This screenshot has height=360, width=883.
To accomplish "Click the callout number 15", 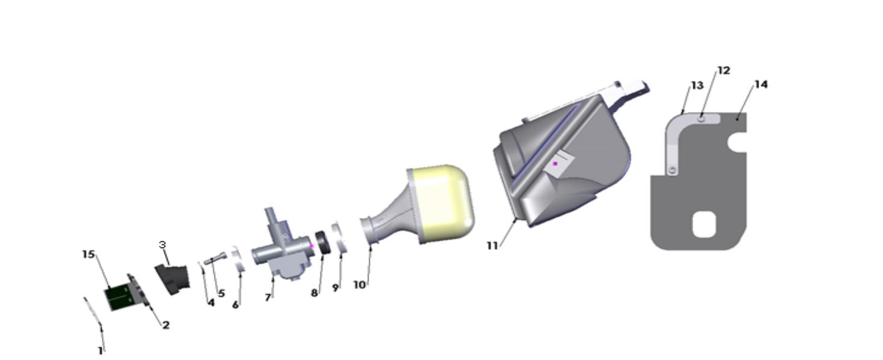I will pos(89,254).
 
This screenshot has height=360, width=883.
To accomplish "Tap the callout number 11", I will pos(492,246).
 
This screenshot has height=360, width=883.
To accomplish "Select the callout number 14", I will pos(761,84).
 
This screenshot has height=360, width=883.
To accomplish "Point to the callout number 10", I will pos(359,285).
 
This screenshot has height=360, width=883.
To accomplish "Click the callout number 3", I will pos(163,244).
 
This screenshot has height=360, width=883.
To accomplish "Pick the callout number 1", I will pos(101,350).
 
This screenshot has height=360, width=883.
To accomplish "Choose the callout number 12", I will pos(723,70).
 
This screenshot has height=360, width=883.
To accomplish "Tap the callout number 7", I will pos(268,297).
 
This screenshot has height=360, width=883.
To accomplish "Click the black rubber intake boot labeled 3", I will pos(172,280).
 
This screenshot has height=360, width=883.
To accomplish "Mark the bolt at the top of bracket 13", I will pos(702,119).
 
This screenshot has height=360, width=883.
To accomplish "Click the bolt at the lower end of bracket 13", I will pos(672,171).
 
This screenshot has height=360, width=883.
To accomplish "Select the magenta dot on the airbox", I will pos(555,164).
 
